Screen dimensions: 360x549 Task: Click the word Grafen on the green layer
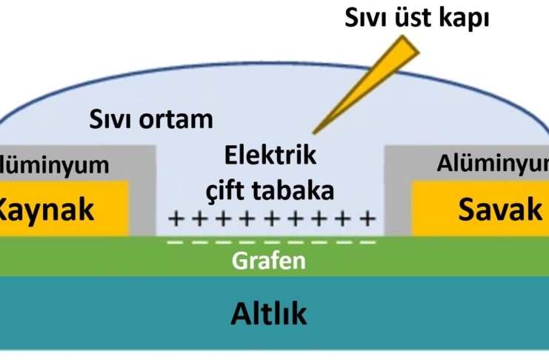[268, 261]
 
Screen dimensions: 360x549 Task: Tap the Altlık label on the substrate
[268, 314]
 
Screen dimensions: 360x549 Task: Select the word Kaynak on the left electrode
[46, 210]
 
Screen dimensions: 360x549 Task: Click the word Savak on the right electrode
[499, 210]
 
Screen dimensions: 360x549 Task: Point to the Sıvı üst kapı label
[417, 18]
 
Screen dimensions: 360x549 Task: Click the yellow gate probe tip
[316, 130]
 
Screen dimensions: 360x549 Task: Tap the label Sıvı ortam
[150, 119]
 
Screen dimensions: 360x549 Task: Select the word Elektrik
[270, 156]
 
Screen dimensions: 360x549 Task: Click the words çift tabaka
[270, 190]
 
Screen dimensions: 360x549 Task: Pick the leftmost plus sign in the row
[175, 219]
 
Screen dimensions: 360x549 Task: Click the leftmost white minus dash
[175, 242]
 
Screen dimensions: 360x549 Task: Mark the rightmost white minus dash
[367, 242]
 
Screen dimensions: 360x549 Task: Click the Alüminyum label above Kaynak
[53, 164]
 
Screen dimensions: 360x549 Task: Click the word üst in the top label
[416, 18]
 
